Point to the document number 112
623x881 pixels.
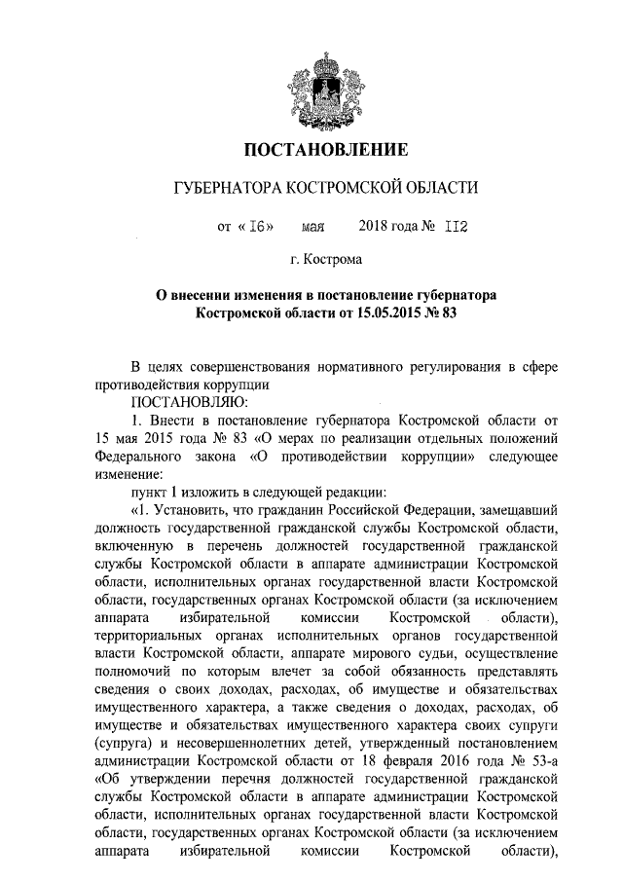pyautogui.click(x=457, y=228)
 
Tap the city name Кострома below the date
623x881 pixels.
pyautogui.click(x=334, y=261)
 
